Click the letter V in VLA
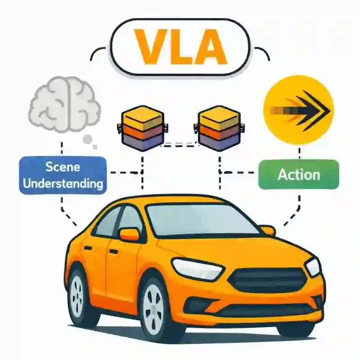tap(146, 46)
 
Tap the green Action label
tap(299, 175)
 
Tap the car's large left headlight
tap(198, 269)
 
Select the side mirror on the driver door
tap(129, 234)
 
